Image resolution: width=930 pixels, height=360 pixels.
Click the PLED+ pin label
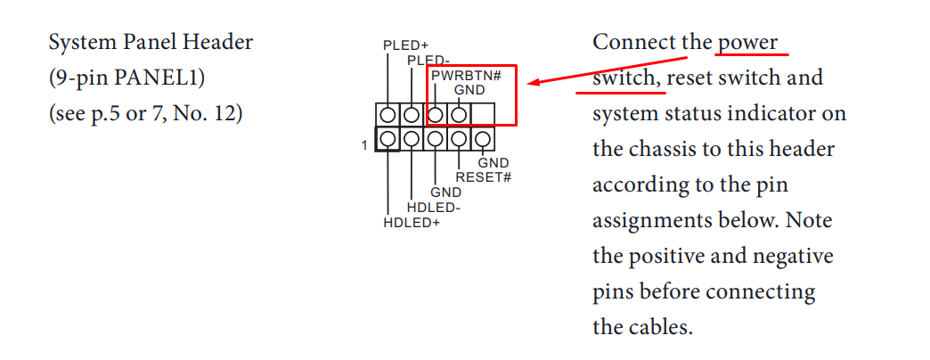405,45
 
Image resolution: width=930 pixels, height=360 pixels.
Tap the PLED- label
428,60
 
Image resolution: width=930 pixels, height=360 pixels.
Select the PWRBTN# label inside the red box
466,76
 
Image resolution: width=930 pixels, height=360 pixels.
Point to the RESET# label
483,176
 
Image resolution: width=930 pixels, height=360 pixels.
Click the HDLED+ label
412,222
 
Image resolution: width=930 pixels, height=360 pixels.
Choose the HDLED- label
434,208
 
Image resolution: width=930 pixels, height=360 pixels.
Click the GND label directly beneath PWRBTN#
469,90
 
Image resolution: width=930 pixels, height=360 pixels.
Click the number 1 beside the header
364,143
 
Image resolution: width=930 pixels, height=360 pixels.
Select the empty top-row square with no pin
482,115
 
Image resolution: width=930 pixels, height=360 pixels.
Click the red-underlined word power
747,43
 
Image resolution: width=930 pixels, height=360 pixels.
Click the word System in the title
78,43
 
